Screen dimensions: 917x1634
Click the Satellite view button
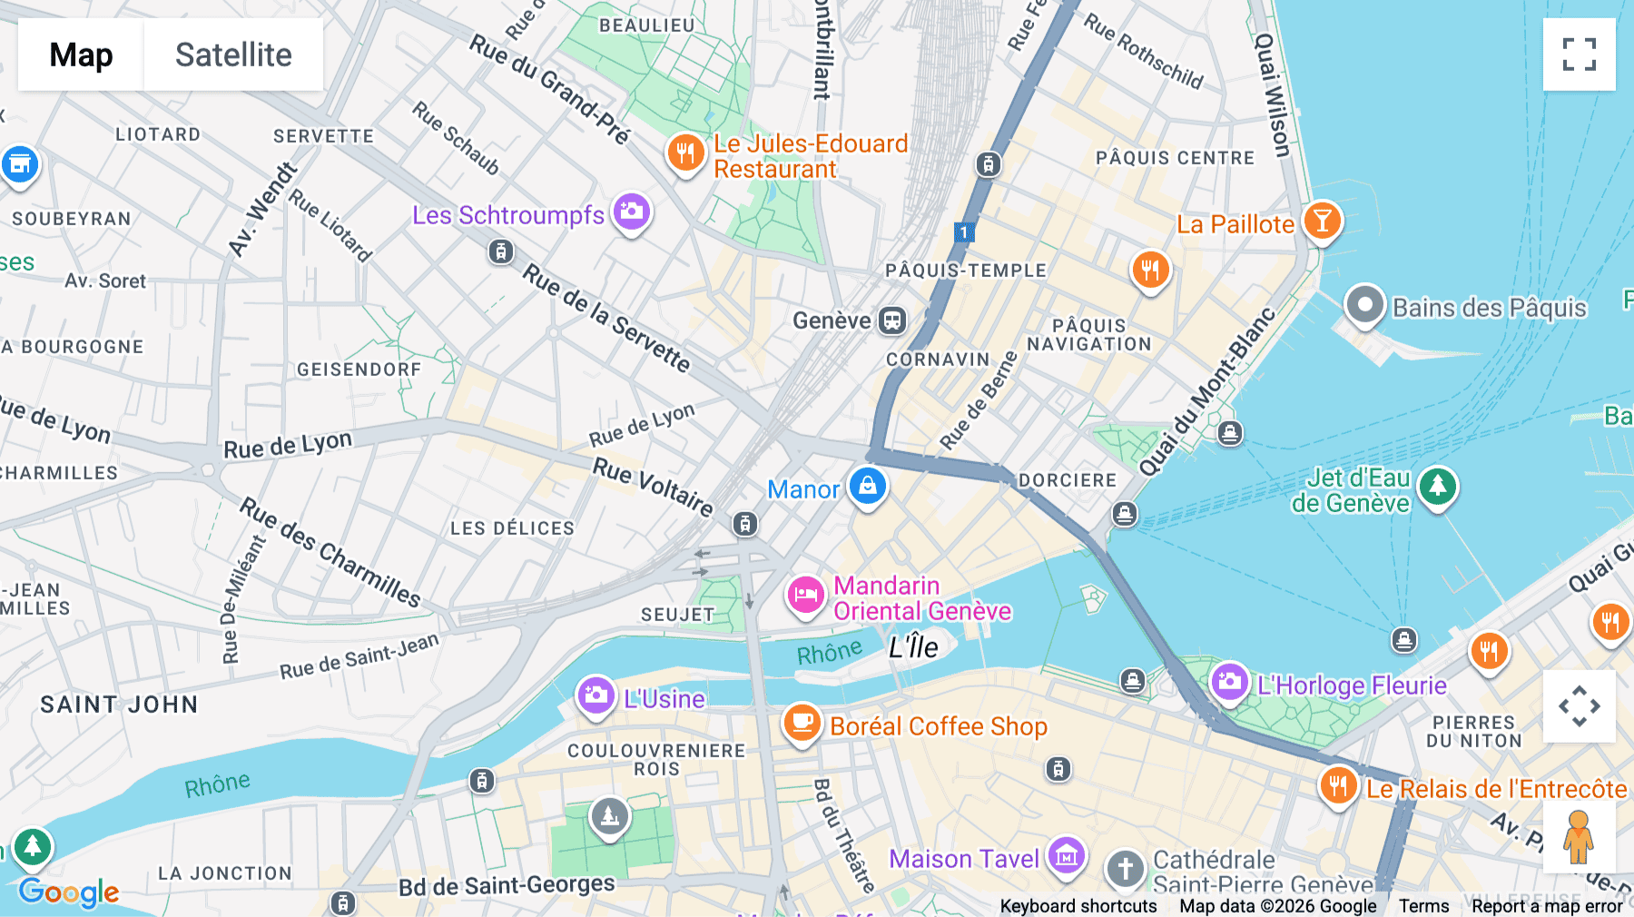pos(233,54)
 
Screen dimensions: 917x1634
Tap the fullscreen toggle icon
pos(1579,54)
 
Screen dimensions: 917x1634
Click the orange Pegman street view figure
pos(1579,836)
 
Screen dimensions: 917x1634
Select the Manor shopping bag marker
pos(867,486)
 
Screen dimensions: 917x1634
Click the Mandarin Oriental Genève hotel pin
pos(804,596)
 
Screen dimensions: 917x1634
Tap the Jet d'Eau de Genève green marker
pos(1437,487)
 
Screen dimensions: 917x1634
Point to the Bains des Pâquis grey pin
pos(1364,305)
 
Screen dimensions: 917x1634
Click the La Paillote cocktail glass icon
pos(1322,221)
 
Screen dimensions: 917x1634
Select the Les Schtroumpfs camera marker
pos(632,212)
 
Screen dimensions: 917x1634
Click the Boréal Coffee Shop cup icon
pos(802,723)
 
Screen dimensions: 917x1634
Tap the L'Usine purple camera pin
pos(596,695)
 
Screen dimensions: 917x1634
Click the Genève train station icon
pos(892,320)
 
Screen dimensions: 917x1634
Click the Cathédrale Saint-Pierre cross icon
pos(1125,869)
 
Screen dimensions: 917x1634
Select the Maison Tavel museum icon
pos(1066,855)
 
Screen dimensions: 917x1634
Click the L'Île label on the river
pos(913,647)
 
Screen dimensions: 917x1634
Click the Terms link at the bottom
pos(1423,906)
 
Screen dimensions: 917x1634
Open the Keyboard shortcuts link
pos(1078,906)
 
